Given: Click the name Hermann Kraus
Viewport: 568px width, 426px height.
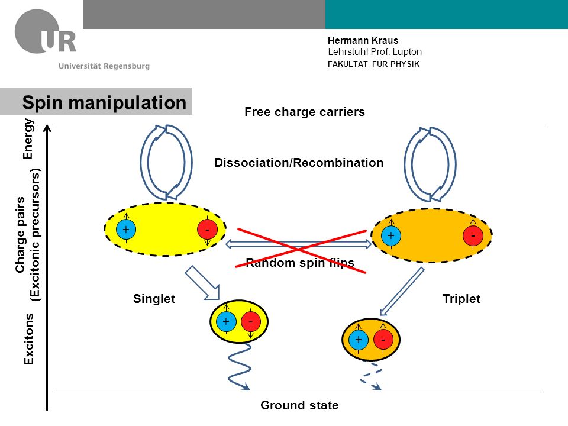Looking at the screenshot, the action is coord(363,40).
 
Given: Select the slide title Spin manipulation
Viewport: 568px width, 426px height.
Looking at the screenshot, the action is coord(104,102).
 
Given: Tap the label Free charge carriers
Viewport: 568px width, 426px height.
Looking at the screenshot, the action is coord(305,112).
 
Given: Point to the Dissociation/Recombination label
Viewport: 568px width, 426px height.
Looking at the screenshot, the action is coord(299,163).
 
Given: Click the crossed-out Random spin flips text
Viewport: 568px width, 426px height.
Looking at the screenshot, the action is coord(300,262).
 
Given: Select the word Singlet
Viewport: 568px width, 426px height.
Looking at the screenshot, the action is coord(154,298).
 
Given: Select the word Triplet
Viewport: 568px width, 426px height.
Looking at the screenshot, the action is coord(461,298).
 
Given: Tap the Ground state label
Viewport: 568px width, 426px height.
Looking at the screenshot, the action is coord(299,405).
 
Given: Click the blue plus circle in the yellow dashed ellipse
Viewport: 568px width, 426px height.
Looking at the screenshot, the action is coord(126,230).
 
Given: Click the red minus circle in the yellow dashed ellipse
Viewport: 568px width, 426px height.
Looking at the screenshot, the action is coord(207,230).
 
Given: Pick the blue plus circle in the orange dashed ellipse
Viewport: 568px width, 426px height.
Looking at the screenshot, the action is coord(391,235).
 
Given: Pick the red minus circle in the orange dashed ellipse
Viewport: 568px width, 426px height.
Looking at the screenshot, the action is coord(473,235).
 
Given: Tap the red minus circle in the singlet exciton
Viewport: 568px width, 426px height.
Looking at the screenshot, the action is coord(251,321).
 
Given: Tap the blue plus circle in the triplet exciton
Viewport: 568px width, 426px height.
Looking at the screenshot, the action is coord(359,340).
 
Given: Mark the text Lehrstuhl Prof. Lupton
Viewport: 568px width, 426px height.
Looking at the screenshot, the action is coord(375,52).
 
